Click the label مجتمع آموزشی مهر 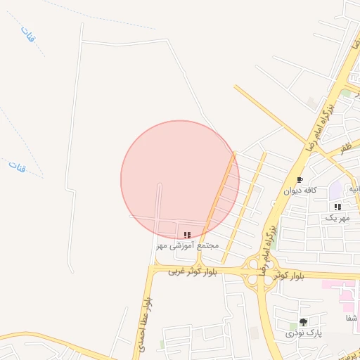[x=187, y=245]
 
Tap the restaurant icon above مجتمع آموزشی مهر [x=186, y=235]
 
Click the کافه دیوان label [x=300, y=190]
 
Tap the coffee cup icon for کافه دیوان [x=300, y=179]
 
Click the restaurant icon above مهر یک [x=337, y=207]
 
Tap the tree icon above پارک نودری [x=303, y=322]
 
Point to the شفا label [x=349, y=318]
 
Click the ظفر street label [x=345, y=149]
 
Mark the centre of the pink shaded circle [x=180, y=179]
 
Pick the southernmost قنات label [x=16, y=167]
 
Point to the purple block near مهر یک [x=335, y=188]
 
